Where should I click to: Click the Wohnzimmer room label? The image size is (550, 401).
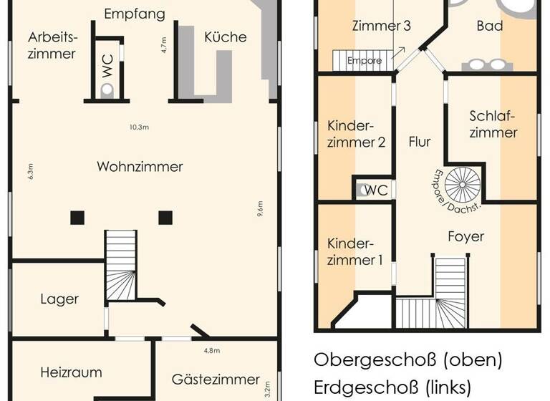click(140, 167)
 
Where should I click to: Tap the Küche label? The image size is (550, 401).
click(225, 37)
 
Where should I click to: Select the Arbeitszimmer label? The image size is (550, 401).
click(52, 44)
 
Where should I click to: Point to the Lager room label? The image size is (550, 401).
click(59, 299)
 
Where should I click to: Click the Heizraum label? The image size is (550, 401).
click(71, 372)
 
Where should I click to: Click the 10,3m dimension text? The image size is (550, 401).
click(139, 127)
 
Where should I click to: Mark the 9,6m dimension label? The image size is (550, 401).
click(260, 209)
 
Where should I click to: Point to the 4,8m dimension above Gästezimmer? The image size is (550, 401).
click(211, 351)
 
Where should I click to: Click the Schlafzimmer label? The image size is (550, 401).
click(493, 124)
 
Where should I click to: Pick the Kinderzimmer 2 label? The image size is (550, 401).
click(356, 133)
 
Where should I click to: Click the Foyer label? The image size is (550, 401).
click(465, 236)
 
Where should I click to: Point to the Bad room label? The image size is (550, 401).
click(490, 26)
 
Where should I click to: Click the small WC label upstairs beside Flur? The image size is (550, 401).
click(376, 190)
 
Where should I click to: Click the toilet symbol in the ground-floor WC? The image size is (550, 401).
click(107, 90)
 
